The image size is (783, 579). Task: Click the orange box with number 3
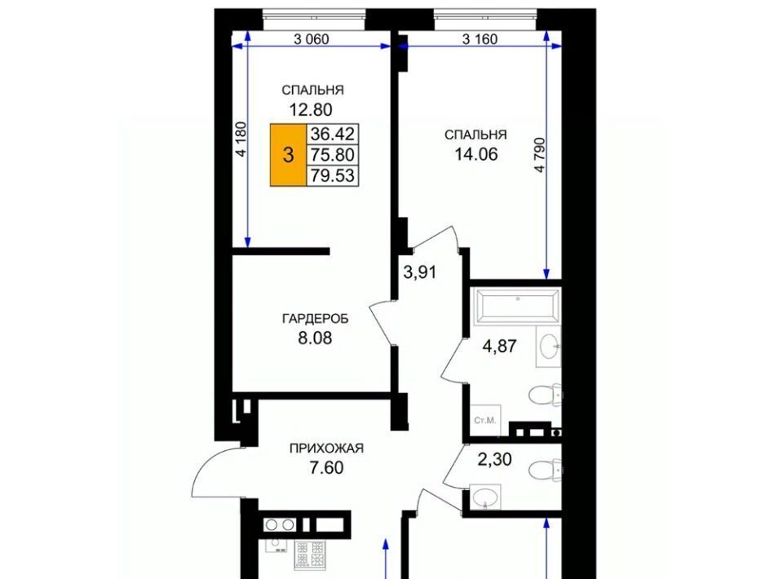288,155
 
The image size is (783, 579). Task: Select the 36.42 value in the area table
332,134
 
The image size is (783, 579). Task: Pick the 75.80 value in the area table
332,155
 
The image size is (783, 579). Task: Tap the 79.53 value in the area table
332,175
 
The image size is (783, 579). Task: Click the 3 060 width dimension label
311,38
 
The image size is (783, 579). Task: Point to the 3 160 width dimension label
480,38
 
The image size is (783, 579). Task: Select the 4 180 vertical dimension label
241,139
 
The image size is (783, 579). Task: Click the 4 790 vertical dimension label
539,155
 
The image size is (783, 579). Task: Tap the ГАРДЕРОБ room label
315,318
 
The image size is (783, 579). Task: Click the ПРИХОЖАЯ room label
326,449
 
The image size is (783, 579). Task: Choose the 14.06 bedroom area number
476,154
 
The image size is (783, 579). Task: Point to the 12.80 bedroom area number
311,108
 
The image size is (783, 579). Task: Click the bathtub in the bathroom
517,304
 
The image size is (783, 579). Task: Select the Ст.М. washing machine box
485,420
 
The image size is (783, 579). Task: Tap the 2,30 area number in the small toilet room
494,458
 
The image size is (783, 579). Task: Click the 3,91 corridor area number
420,272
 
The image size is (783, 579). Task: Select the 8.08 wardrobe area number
315,338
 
